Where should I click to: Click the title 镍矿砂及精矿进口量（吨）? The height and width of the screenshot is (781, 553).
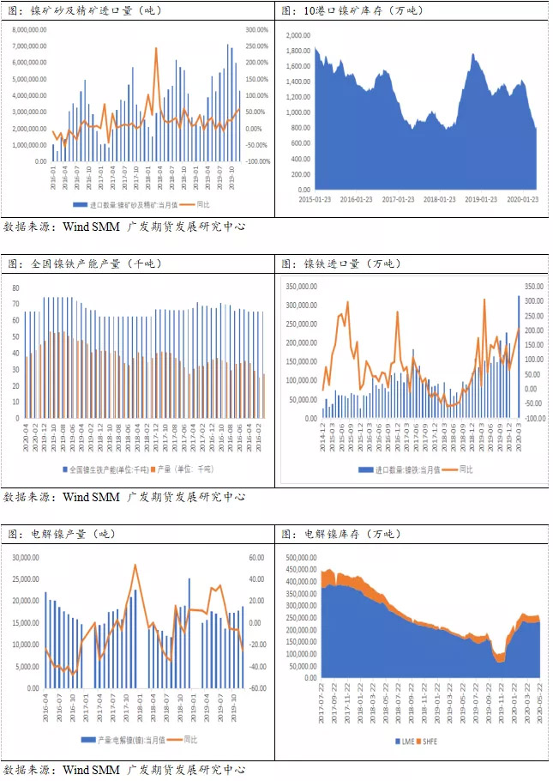(82, 11)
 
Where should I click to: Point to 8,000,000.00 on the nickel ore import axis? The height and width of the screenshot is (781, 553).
(29, 29)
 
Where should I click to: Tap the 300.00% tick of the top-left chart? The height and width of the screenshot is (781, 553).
(258, 29)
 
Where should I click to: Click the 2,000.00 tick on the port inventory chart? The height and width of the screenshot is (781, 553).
(298, 35)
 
